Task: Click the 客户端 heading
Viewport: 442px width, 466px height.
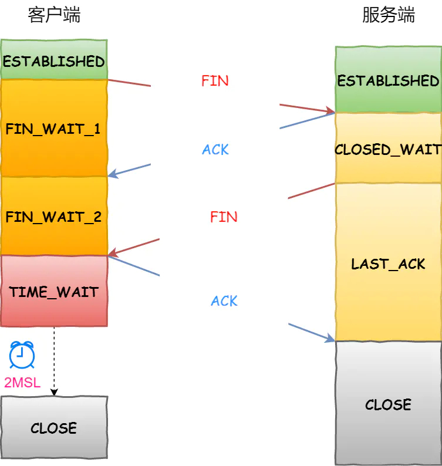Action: pyautogui.click(x=54, y=15)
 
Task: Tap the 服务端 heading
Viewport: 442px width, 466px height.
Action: pyautogui.click(x=388, y=15)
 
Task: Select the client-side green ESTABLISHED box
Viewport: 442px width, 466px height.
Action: pyautogui.click(x=54, y=61)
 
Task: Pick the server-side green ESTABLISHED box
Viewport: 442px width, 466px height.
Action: pyautogui.click(x=388, y=80)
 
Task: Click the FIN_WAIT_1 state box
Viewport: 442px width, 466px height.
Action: pyautogui.click(x=54, y=129)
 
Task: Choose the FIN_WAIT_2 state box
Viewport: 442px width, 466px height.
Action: pyautogui.click(x=54, y=217)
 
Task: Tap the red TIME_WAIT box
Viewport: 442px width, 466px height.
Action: pyautogui.click(x=54, y=292)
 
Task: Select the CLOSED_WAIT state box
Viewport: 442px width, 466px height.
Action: pyautogui.click(x=388, y=149)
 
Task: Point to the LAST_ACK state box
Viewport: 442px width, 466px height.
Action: pyautogui.click(x=388, y=264)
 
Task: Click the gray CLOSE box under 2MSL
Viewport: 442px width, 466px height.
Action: pyautogui.click(x=54, y=427)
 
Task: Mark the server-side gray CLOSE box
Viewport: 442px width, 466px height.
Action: pyautogui.click(x=388, y=404)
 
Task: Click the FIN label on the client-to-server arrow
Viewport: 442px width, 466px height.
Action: pyautogui.click(x=215, y=81)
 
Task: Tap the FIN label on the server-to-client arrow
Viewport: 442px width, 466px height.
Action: pyautogui.click(x=224, y=217)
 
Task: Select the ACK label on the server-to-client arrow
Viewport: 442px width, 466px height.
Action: pyautogui.click(x=215, y=150)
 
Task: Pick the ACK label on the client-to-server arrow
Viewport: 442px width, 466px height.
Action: pyautogui.click(x=224, y=301)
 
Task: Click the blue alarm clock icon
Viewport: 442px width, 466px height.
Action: pyautogui.click(x=22, y=355)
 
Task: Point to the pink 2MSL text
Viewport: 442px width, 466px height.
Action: pyautogui.click(x=22, y=383)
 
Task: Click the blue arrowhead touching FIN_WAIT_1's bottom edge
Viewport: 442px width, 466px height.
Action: pyautogui.click(x=114, y=174)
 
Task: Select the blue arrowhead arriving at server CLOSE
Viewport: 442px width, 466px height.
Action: pyautogui.click(x=329, y=338)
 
